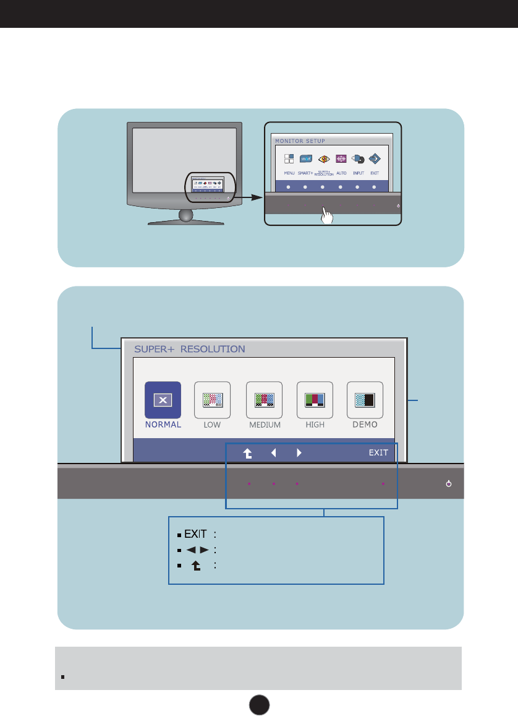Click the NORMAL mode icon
163,400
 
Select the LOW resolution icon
212,400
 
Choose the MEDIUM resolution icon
264,400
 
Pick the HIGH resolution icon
315,400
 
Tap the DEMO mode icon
365,400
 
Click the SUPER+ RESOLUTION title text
189,349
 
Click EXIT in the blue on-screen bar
378,452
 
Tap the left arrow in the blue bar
273,452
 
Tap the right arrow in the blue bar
299,452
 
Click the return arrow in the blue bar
247,453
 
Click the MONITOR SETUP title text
300,141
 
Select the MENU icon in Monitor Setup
289,159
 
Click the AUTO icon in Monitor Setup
341,159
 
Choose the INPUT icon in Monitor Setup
358,159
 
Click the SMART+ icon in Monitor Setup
305,159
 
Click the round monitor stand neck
186,215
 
